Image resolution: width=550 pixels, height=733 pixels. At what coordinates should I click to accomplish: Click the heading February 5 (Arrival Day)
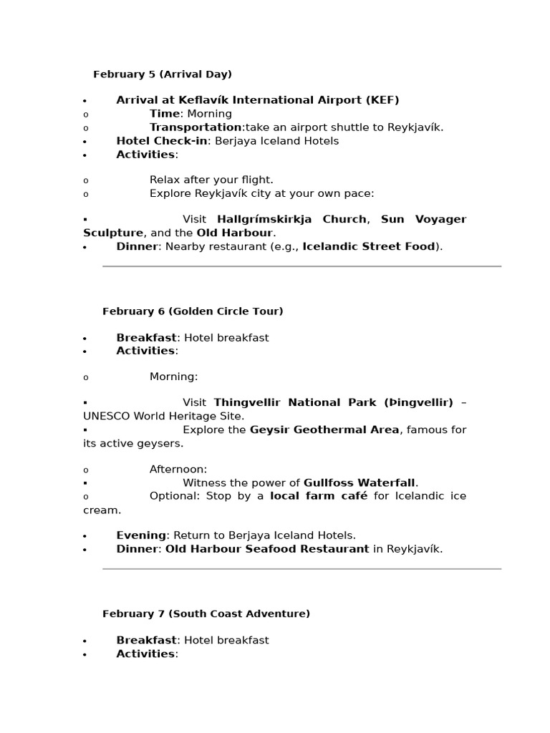(x=163, y=74)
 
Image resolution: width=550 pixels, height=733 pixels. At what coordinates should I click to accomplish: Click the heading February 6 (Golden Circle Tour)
(x=193, y=311)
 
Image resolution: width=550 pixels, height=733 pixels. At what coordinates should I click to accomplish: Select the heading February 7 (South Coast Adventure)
(x=206, y=614)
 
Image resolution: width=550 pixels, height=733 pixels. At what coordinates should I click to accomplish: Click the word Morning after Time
(x=208, y=114)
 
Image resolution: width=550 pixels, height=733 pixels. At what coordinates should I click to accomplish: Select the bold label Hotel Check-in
(x=162, y=141)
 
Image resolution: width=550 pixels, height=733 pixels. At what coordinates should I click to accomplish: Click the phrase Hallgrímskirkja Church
(x=291, y=219)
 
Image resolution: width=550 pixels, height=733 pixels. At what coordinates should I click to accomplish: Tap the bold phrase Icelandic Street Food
(x=369, y=247)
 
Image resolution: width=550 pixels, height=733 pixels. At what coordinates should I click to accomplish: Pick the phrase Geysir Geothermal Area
(x=324, y=429)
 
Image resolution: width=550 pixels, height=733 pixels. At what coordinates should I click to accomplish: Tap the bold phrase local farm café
(x=319, y=496)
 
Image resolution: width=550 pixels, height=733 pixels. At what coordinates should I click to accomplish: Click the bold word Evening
(x=141, y=535)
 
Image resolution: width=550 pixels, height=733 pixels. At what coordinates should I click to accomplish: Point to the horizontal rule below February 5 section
(x=301, y=266)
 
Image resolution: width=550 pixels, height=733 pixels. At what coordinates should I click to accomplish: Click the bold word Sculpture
(x=113, y=233)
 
